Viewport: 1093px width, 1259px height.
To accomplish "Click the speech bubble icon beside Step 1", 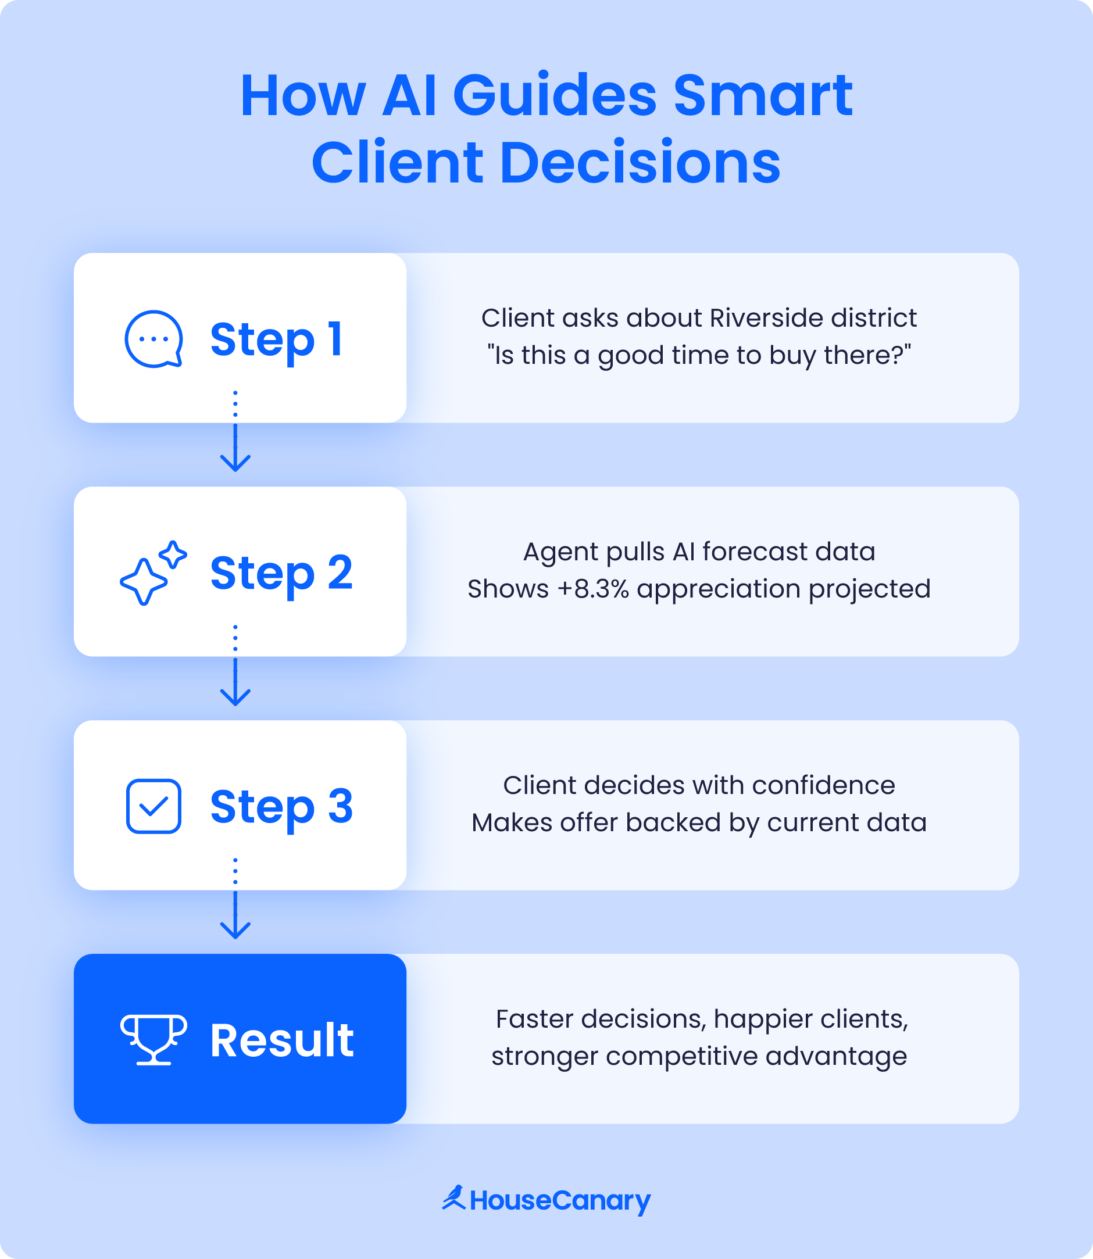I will pos(153,339).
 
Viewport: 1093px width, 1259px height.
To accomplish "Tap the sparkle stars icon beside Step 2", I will pos(153,573).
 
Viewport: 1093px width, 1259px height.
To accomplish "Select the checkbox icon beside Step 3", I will pos(153,806).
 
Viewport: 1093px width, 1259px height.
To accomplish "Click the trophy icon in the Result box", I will pos(153,1039).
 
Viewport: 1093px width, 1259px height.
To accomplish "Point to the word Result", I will pos(282,1040).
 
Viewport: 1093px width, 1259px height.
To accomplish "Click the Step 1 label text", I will pos(276,339).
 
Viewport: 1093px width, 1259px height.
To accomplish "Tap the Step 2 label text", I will pos(281,573).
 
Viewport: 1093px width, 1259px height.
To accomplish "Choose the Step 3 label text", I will pos(281,807).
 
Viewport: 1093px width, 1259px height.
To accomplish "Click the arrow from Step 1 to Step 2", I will pos(235,448).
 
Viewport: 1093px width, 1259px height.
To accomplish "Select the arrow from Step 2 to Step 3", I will pos(235,682).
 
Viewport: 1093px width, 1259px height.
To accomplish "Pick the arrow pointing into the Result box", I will pos(235,914).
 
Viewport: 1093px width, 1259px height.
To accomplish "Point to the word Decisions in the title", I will pos(640,163).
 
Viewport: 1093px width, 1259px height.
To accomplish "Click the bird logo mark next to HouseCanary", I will pos(455,1198).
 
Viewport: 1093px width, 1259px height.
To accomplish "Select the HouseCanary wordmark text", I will pos(560,1200).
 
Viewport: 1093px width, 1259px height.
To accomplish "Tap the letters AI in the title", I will pos(409,96).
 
